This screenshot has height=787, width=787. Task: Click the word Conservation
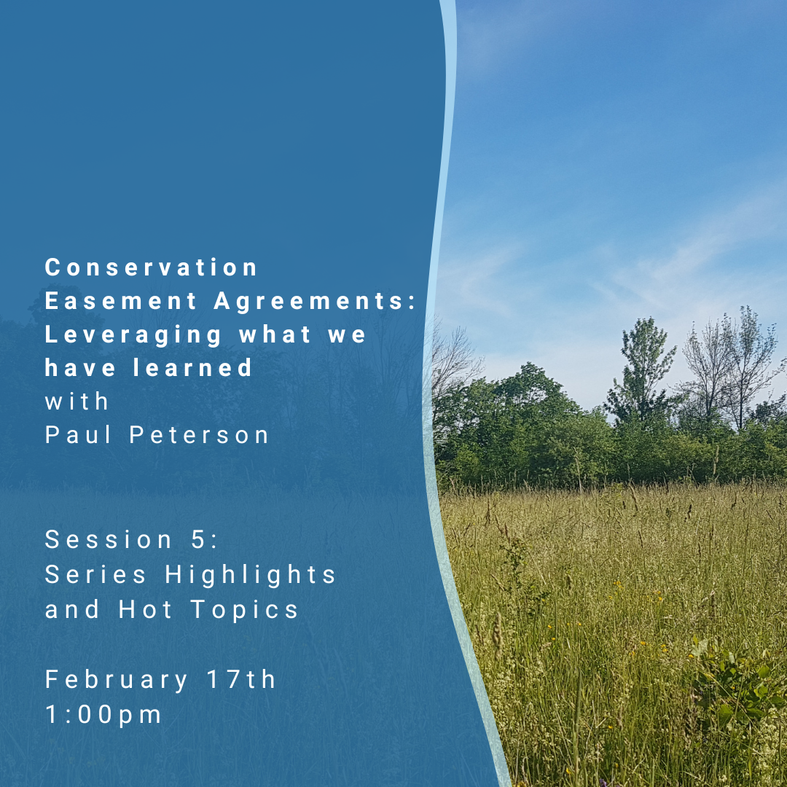pos(151,267)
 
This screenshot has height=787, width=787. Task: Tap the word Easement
pos(120,301)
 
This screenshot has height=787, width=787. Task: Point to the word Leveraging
pos(133,335)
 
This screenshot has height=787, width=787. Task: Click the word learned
pos(192,367)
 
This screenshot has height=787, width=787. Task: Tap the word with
pos(77,401)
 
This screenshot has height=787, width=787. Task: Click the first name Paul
pos(78,434)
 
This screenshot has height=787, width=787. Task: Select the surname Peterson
pos(199,434)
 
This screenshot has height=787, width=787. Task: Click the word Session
pos(109,540)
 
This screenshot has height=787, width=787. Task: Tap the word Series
pos(95,575)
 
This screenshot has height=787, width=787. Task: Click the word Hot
pos(146,609)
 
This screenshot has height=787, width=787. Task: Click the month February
pos(117,681)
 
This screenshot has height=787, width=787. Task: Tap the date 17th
pos(241,679)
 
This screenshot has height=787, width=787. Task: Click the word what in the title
pos(275,334)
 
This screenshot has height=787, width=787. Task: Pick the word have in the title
pos(80,367)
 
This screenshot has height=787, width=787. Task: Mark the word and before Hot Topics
pos(72,609)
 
